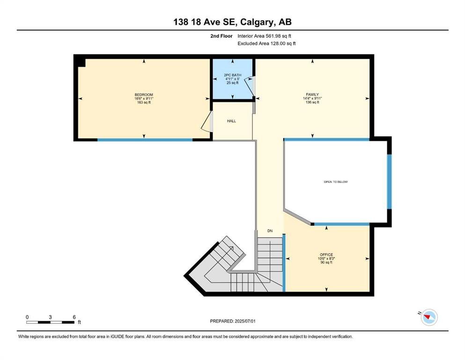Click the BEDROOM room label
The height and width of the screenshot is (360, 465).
(x=144, y=95)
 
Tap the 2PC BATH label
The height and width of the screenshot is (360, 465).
(x=232, y=75)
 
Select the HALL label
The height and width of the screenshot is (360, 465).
(x=232, y=121)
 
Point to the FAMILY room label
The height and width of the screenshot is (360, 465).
(x=312, y=94)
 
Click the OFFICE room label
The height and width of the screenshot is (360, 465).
(x=326, y=255)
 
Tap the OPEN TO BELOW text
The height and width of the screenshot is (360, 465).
(x=336, y=181)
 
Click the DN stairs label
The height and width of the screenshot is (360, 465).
(x=270, y=231)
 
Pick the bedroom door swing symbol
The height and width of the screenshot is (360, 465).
(x=207, y=121)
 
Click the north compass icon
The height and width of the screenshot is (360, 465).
(x=428, y=317)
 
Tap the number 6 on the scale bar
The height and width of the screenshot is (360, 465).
(x=74, y=317)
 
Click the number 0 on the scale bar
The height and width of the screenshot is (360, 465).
(x=27, y=317)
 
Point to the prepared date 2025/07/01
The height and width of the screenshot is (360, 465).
(x=245, y=321)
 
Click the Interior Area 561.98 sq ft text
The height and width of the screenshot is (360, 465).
(x=264, y=36)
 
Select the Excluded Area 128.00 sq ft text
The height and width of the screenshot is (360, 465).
(x=266, y=43)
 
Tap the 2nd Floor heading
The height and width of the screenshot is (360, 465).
(x=221, y=36)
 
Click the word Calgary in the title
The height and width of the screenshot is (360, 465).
(x=257, y=22)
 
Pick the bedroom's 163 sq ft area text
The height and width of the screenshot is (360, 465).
(x=144, y=102)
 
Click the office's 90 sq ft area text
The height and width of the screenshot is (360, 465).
(x=326, y=262)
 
